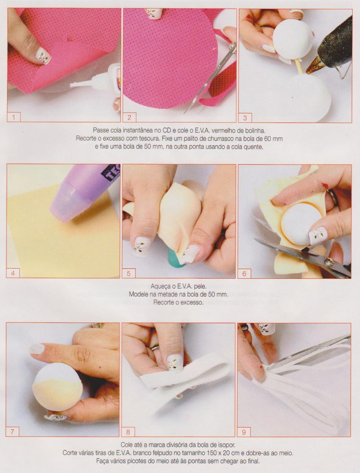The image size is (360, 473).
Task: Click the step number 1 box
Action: (14, 117)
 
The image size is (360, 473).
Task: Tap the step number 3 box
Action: (245, 118)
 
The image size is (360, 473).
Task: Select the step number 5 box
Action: (129, 273)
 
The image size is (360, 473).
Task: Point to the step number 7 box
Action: (13, 432)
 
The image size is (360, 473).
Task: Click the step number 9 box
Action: (244, 432)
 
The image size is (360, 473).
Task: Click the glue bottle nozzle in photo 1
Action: (78, 84)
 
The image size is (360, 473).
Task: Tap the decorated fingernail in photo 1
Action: (43, 56)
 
